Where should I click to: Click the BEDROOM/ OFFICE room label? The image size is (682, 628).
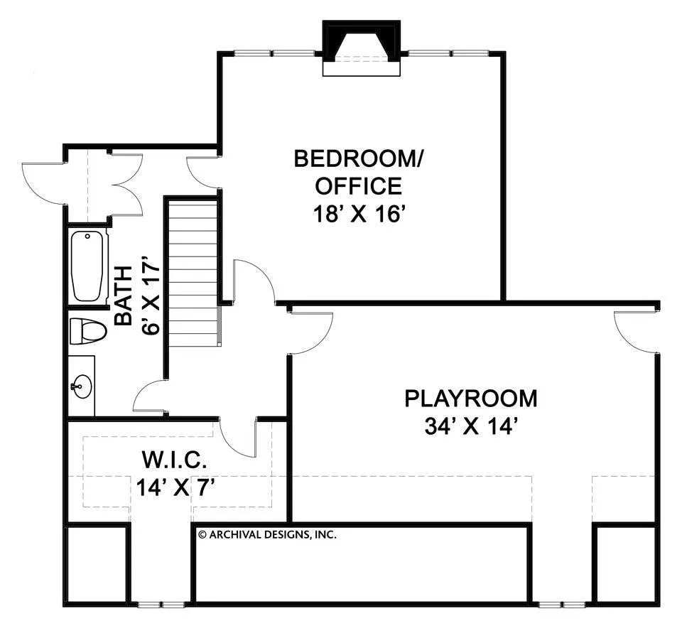point(358,172)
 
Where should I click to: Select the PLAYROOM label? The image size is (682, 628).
point(471,399)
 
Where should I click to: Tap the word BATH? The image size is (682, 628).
point(124,295)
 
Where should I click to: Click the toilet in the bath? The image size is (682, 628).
point(87,330)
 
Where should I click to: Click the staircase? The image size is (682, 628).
point(193,274)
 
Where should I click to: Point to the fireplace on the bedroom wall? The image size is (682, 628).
point(362,48)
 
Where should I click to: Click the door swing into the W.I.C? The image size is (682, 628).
point(238,437)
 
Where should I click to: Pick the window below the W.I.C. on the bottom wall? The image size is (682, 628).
point(161,605)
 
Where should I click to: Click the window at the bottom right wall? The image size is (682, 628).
point(561,605)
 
